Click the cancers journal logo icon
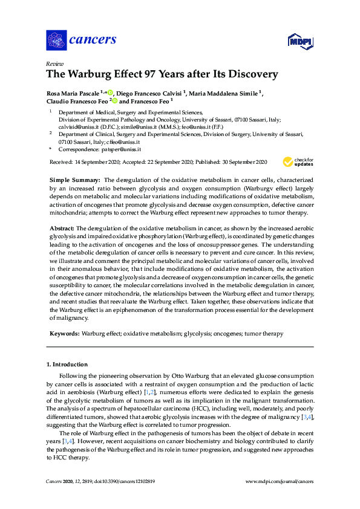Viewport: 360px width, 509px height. (x=56, y=41)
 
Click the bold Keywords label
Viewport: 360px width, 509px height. (x=64, y=334)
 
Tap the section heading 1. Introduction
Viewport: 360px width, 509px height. (x=67, y=365)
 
